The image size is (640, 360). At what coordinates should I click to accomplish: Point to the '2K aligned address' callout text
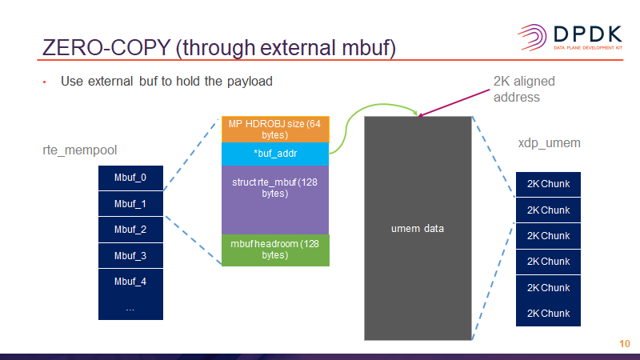[x=524, y=89]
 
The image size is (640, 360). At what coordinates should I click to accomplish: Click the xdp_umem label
[x=549, y=143]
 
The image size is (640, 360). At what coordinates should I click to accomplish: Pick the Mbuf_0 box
[x=130, y=178]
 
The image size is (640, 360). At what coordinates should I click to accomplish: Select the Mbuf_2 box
[x=130, y=230]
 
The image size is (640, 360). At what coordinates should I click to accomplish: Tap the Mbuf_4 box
[x=130, y=282]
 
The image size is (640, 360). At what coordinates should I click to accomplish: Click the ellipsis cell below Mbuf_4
[x=130, y=307]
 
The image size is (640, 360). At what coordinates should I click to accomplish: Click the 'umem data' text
[x=418, y=229]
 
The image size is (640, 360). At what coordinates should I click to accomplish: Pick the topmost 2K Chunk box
[x=548, y=184]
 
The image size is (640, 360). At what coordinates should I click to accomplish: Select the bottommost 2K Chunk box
[x=548, y=312]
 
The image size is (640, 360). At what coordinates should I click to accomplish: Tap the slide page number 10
[x=625, y=343]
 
